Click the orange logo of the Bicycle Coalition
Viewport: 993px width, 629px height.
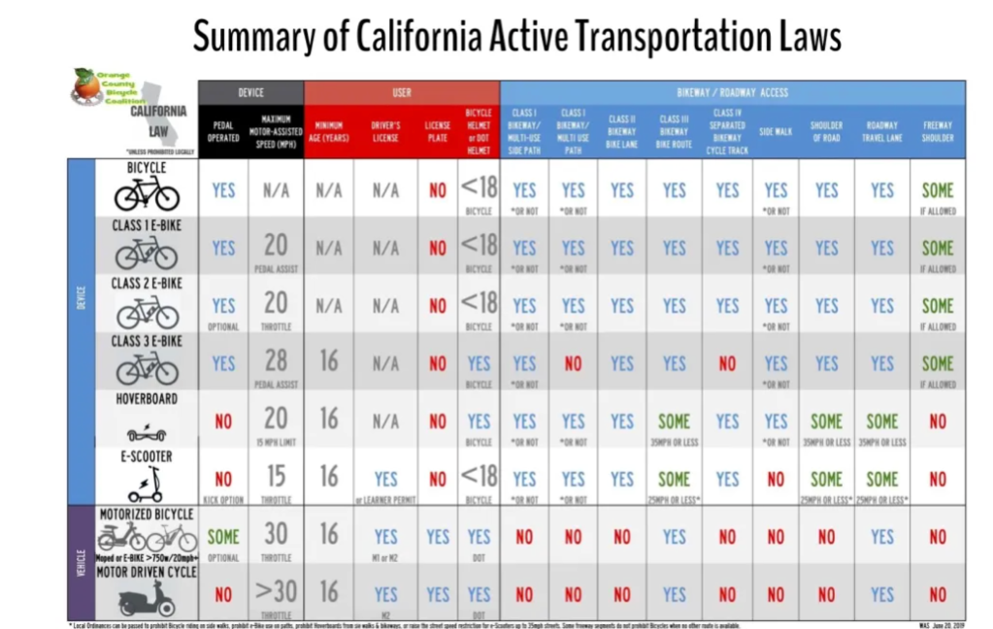(86, 86)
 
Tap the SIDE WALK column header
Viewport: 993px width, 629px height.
(776, 132)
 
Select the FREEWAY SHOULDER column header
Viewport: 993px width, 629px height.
(938, 132)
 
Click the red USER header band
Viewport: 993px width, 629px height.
(402, 92)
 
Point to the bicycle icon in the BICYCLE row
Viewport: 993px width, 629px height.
(147, 194)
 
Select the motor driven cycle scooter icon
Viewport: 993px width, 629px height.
(146, 600)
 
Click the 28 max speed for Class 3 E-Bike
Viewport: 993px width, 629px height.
(276, 361)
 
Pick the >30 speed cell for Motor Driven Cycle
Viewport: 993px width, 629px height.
(276, 592)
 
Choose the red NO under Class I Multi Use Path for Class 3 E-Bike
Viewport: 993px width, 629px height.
(573, 363)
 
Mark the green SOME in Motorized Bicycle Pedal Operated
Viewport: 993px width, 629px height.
(223, 536)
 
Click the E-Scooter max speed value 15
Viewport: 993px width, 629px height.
(276, 477)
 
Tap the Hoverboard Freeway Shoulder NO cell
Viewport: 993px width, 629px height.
(938, 421)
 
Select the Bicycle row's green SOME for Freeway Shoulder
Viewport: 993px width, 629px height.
(938, 190)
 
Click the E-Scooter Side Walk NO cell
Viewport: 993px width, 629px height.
(776, 479)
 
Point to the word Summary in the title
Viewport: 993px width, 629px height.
(248, 36)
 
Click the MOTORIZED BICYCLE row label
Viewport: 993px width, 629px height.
(147, 513)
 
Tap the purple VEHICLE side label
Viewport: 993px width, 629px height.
(82, 563)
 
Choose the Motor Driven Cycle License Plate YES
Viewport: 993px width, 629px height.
(438, 594)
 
